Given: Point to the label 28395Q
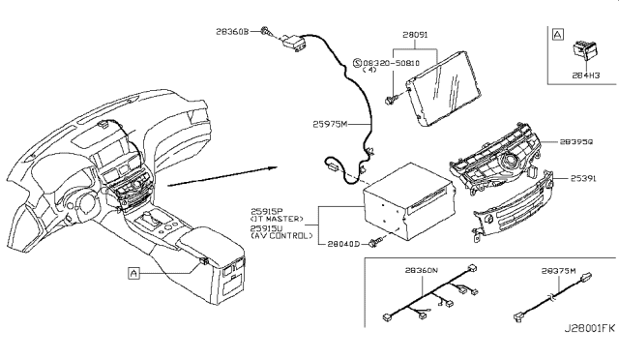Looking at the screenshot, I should [x=577, y=141].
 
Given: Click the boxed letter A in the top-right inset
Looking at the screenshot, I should [x=557, y=34].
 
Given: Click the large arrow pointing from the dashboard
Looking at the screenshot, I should [x=222, y=175].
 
